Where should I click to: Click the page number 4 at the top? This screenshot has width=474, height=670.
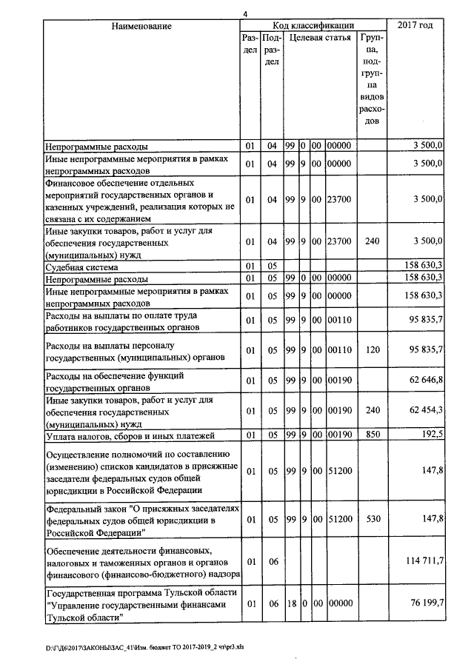(x=245, y=12)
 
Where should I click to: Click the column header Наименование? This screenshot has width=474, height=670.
(x=141, y=27)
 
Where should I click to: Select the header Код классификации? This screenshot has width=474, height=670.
(x=313, y=26)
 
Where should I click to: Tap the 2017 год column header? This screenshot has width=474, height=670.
(x=415, y=27)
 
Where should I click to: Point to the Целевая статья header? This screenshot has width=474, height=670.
(x=320, y=37)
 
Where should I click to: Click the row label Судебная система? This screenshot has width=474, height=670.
(x=82, y=266)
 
